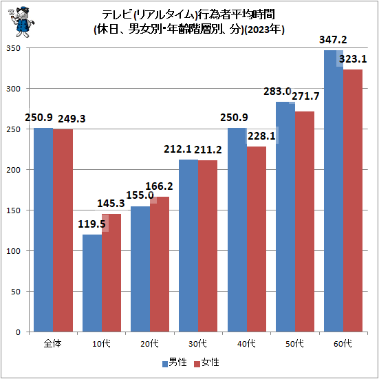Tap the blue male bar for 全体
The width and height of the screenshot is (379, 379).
43,230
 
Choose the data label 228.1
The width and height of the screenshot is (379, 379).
261,136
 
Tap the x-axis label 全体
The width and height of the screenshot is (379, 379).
52,343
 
